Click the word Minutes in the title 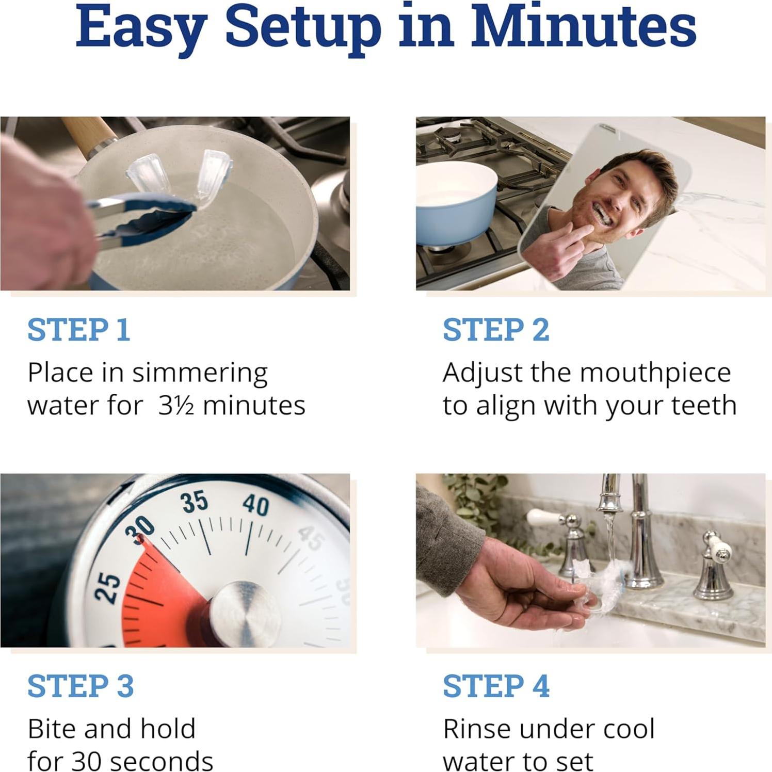(x=583, y=27)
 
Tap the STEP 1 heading (x=78, y=330)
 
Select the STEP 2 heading (x=496, y=330)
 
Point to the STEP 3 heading (x=81, y=686)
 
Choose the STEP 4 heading (x=496, y=686)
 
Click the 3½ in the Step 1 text (x=176, y=406)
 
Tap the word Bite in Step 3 (x=52, y=729)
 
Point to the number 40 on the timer (x=256, y=505)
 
